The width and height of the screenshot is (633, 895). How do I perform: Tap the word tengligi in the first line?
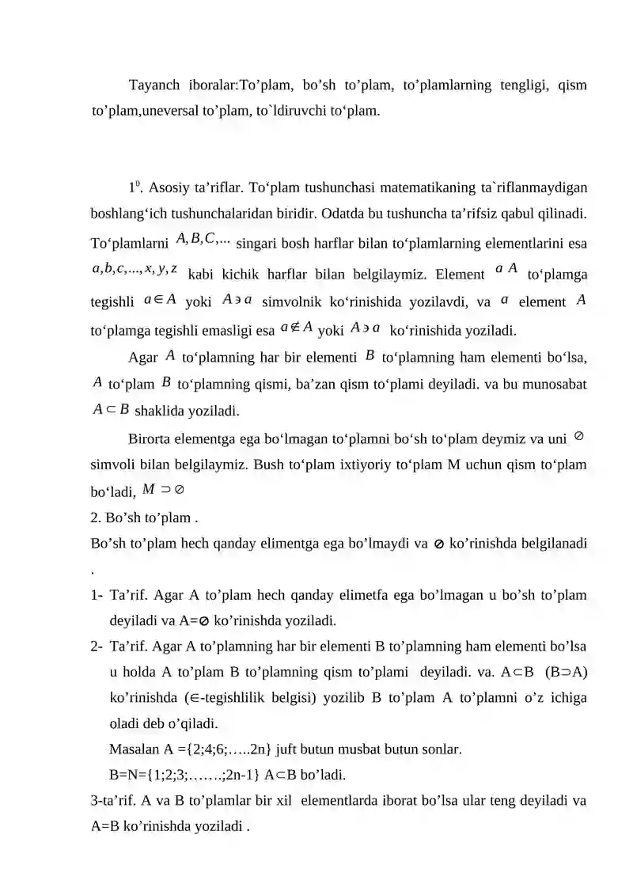pyautogui.click(x=499, y=85)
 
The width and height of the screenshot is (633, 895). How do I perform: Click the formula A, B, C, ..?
pyautogui.click(x=203, y=239)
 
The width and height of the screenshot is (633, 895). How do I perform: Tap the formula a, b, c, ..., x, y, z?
pyautogui.click(x=135, y=269)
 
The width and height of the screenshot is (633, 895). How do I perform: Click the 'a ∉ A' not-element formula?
pyautogui.click(x=297, y=327)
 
